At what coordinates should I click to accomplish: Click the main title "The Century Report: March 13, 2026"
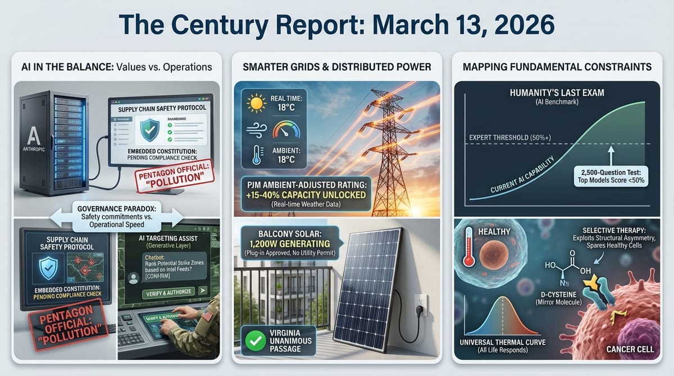(336, 25)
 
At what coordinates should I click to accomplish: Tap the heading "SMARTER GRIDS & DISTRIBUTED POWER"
(336, 67)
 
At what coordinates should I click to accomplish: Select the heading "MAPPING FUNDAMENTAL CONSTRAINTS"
(557, 67)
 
